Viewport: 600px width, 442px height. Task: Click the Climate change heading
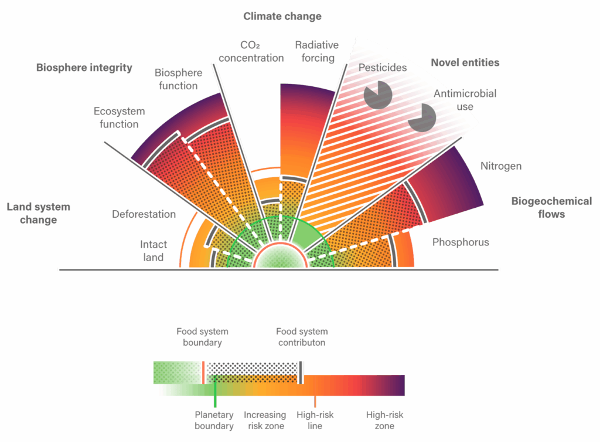tap(282, 16)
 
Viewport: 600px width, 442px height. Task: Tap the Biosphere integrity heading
tap(84, 68)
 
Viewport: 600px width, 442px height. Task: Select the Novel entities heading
tap(465, 62)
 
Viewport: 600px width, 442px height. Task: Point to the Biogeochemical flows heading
tap(551, 207)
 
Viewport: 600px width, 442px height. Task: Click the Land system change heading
tap(38, 213)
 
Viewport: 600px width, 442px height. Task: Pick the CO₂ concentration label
tap(251, 52)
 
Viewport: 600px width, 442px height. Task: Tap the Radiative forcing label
tap(317, 52)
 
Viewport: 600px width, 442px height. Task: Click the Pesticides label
tap(382, 68)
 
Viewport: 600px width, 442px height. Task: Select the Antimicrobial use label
tap(465, 100)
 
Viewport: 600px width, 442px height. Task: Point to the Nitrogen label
tap(501, 166)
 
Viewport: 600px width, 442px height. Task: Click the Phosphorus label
tap(461, 242)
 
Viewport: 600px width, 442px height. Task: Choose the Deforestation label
tap(144, 214)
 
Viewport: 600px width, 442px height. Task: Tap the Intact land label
tap(154, 251)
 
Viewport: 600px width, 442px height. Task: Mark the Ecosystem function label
tap(119, 117)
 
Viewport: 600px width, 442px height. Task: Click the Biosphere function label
tap(178, 79)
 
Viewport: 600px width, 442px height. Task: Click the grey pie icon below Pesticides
tap(377, 95)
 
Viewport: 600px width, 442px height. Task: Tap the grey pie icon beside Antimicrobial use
tap(422, 117)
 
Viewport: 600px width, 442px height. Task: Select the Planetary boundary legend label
tap(214, 420)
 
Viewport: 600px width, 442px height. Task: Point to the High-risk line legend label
tap(315, 420)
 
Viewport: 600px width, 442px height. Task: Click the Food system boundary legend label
tap(202, 336)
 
